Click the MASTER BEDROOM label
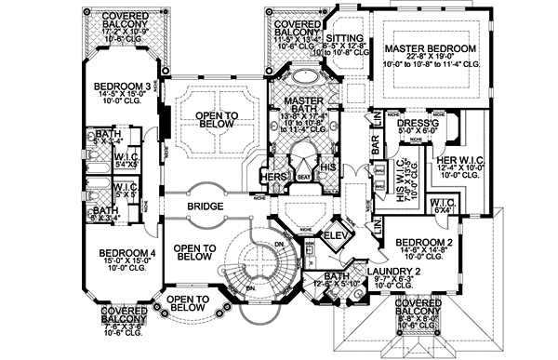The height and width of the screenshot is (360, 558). (x=430, y=48)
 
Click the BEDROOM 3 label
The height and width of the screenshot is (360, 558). (x=118, y=88)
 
